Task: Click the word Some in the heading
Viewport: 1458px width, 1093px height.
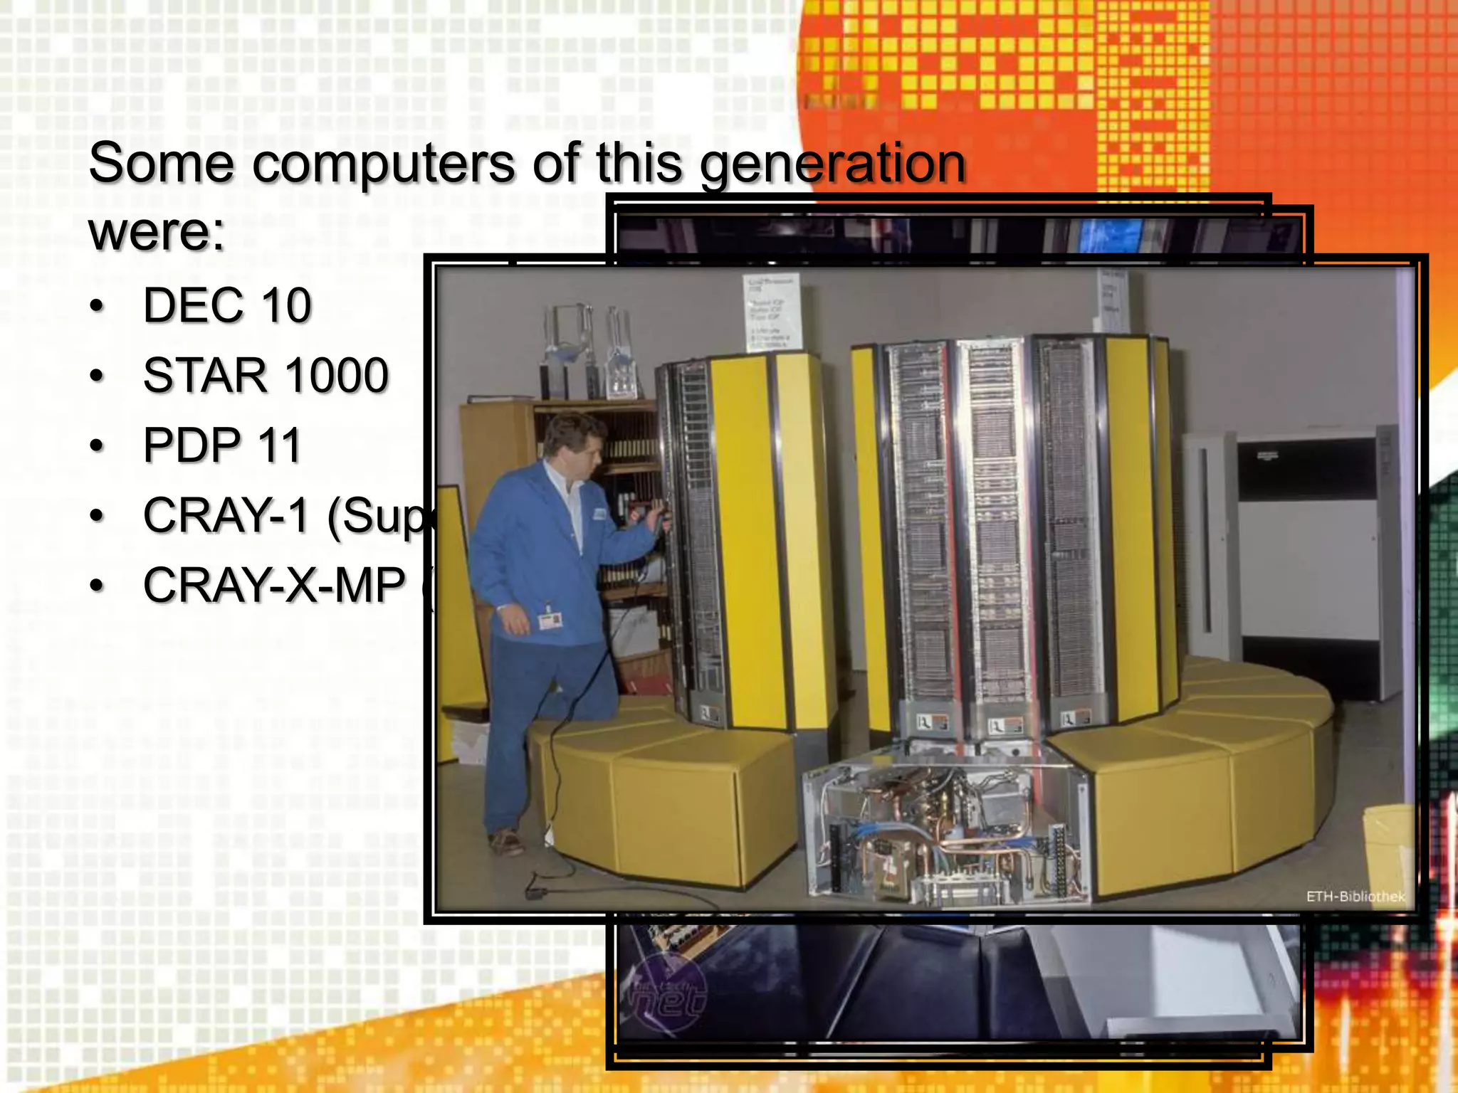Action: tap(161, 163)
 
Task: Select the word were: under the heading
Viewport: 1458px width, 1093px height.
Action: tap(157, 231)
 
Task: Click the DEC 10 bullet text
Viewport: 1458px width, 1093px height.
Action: tap(227, 306)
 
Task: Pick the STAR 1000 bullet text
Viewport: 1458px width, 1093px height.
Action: tap(266, 376)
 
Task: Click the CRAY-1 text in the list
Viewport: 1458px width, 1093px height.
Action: tap(226, 515)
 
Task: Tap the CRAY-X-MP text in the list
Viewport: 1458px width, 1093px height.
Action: tap(274, 586)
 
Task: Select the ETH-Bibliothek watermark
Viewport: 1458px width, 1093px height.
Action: tap(1355, 897)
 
